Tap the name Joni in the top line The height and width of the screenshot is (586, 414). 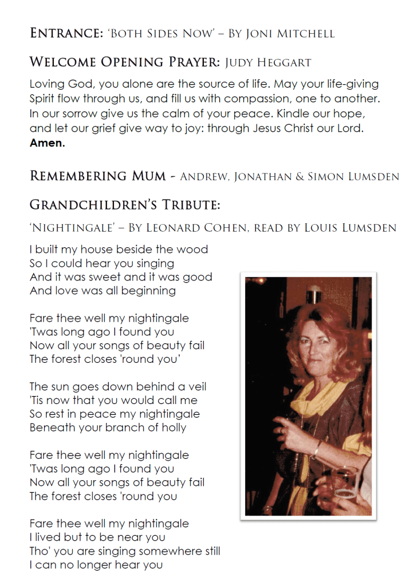point(262,33)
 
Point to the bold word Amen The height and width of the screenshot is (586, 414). point(47,143)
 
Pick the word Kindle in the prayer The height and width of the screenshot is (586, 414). point(291,113)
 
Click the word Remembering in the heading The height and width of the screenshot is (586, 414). point(77,176)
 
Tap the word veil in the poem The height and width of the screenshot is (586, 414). point(195,386)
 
